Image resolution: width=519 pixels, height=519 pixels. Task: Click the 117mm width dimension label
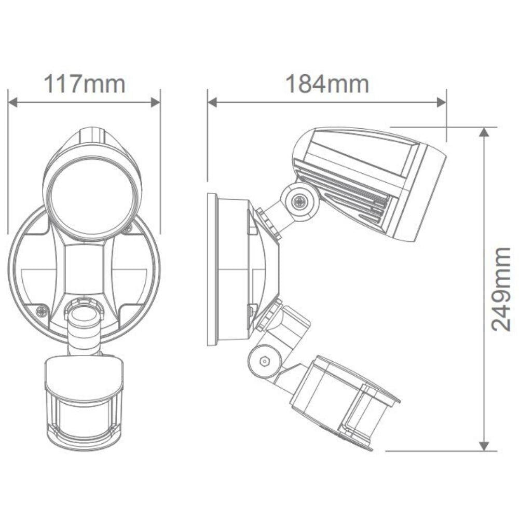(84, 84)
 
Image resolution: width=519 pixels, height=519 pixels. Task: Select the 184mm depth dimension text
(327, 84)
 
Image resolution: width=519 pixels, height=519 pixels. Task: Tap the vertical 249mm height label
(501, 289)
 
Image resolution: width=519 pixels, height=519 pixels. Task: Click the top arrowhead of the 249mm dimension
(484, 132)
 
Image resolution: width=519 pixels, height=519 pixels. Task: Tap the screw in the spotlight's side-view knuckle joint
(298, 201)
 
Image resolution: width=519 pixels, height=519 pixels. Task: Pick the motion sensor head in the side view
(343, 400)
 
